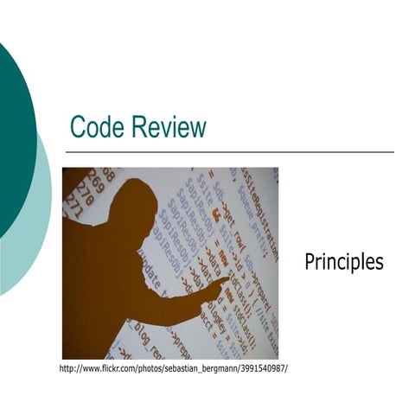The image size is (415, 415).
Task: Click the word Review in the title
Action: [x=169, y=127]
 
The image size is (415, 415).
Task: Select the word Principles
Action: [x=343, y=261]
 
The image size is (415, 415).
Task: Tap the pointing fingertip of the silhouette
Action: [x=227, y=279]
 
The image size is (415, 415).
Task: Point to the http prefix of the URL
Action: [x=67, y=369]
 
